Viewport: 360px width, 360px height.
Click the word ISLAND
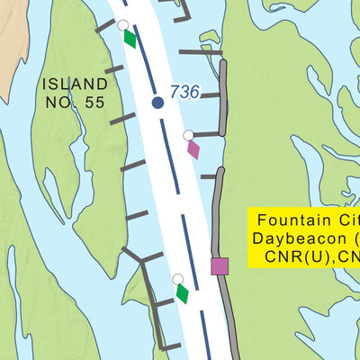click(x=73, y=85)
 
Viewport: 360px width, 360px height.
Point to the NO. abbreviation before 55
click(x=60, y=102)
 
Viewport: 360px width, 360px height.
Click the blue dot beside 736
click(x=158, y=103)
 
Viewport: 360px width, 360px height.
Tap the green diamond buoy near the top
click(x=130, y=39)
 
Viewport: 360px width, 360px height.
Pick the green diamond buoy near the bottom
click(x=183, y=292)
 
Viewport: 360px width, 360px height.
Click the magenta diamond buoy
click(x=193, y=148)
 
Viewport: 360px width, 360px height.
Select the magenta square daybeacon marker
click(x=220, y=265)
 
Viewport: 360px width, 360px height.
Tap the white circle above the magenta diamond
click(x=188, y=135)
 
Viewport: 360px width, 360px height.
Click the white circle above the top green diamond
click(x=123, y=25)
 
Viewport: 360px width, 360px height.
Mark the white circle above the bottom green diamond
click(x=178, y=279)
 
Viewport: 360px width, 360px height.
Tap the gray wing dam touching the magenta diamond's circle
click(x=207, y=134)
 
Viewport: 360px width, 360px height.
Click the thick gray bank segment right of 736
click(x=223, y=99)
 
